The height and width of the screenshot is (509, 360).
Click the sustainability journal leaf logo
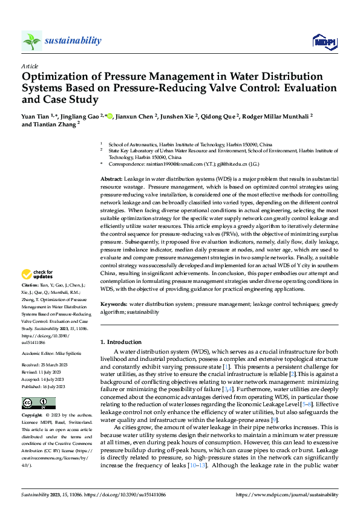(31, 41)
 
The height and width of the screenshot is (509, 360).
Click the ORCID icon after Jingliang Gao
(110, 115)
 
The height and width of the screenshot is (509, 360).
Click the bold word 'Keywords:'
(114, 304)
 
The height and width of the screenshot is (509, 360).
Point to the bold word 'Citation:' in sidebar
(30, 284)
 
